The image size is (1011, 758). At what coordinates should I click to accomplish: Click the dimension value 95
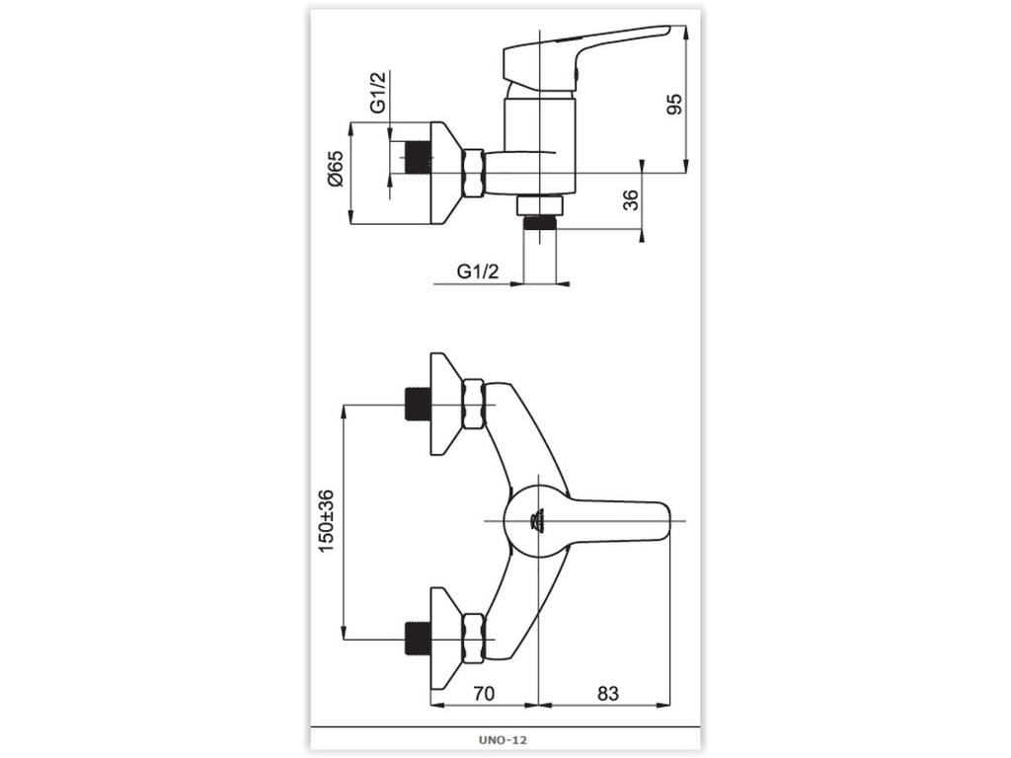coord(674,105)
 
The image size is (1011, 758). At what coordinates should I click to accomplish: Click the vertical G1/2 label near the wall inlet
coord(378,93)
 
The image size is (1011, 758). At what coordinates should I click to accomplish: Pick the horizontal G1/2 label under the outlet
coord(478,271)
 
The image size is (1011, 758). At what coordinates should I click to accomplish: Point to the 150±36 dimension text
coord(326,520)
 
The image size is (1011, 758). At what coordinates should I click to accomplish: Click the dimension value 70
coord(483,694)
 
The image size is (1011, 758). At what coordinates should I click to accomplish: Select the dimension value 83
coord(607,694)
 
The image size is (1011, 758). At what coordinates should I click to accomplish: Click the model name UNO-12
coord(505,738)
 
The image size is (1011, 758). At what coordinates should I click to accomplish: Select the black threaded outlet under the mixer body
coord(539,222)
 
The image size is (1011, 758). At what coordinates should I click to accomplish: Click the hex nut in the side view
coord(474,173)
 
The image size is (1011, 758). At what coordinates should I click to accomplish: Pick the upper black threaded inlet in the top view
coord(419,405)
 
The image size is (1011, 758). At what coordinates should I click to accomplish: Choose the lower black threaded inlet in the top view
coord(419,638)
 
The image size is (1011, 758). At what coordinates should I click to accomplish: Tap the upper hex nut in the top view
coord(474,404)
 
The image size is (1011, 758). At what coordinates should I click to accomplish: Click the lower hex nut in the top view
coord(474,638)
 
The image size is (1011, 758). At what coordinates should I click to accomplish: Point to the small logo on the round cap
coord(537,519)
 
